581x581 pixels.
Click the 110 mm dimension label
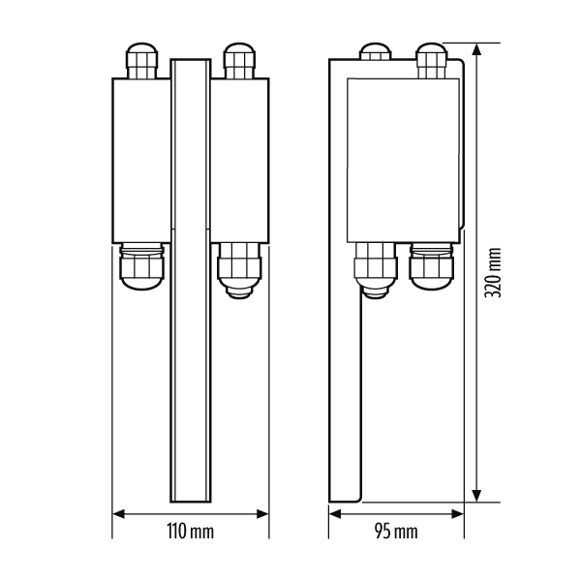[190, 532]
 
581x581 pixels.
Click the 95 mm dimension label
[396, 532]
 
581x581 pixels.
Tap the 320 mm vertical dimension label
[493, 273]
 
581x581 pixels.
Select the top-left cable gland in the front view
[142, 61]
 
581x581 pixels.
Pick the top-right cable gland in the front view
[239, 61]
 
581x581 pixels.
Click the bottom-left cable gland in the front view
[141, 266]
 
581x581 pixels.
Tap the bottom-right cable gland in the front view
[239, 270]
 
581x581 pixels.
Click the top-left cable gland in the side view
[375, 51]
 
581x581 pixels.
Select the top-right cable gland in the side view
[432, 61]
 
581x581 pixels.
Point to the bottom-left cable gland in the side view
[376, 270]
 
